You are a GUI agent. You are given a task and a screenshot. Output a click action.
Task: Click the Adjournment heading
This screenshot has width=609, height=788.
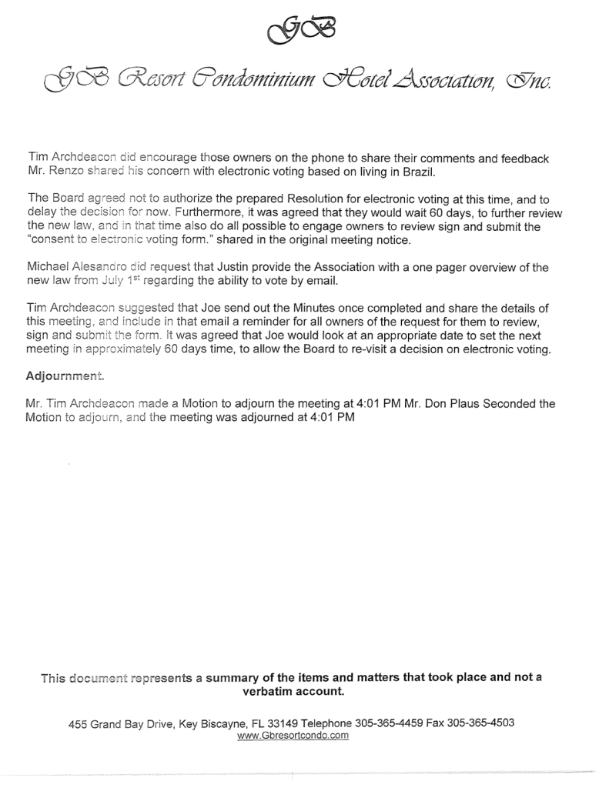64,376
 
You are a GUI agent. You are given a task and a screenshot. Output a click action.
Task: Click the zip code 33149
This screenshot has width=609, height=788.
282,723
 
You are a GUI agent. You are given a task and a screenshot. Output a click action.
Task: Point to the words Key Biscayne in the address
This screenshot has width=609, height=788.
209,723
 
